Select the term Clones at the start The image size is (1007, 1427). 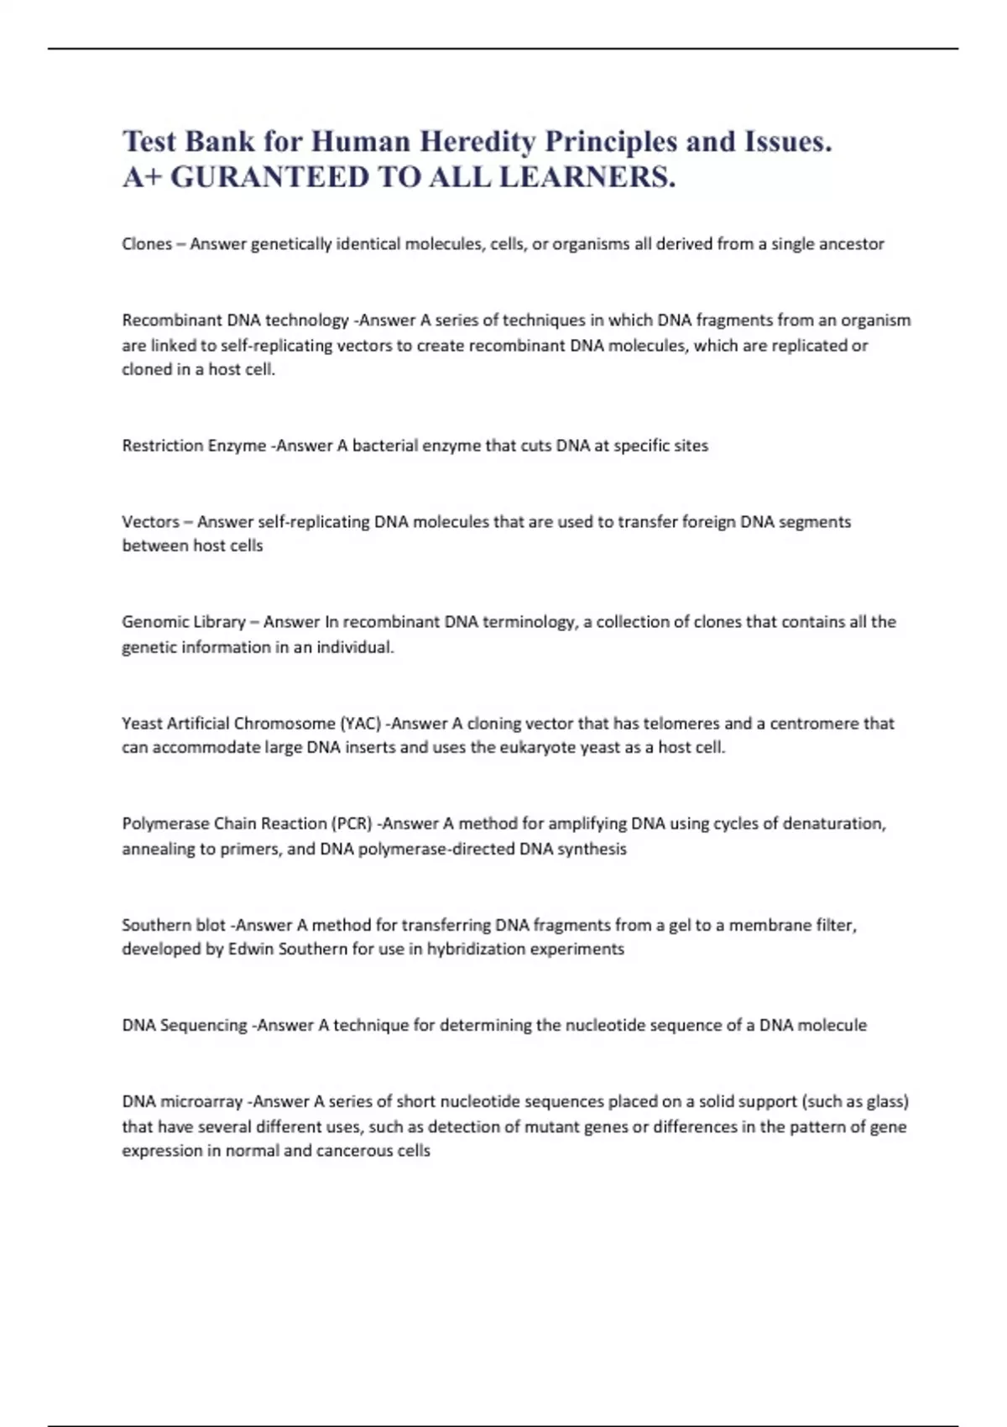pyautogui.click(x=147, y=244)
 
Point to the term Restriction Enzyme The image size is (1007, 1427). pyautogui.click(x=194, y=446)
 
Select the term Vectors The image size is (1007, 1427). pyautogui.click(x=150, y=522)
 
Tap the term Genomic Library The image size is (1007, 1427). pyautogui.click(x=183, y=622)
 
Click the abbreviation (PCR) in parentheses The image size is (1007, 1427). pyautogui.click(x=352, y=823)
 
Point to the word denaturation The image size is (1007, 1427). pyautogui.click(x=833, y=823)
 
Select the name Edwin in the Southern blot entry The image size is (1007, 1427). pyautogui.click(x=251, y=949)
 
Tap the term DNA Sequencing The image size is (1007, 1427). pyautogui.click(x=185, y=1026)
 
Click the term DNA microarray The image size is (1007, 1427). pyautogui.click(x=182, y=1101)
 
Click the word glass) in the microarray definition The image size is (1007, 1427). pyautogui.click(x=884, y=1101)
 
